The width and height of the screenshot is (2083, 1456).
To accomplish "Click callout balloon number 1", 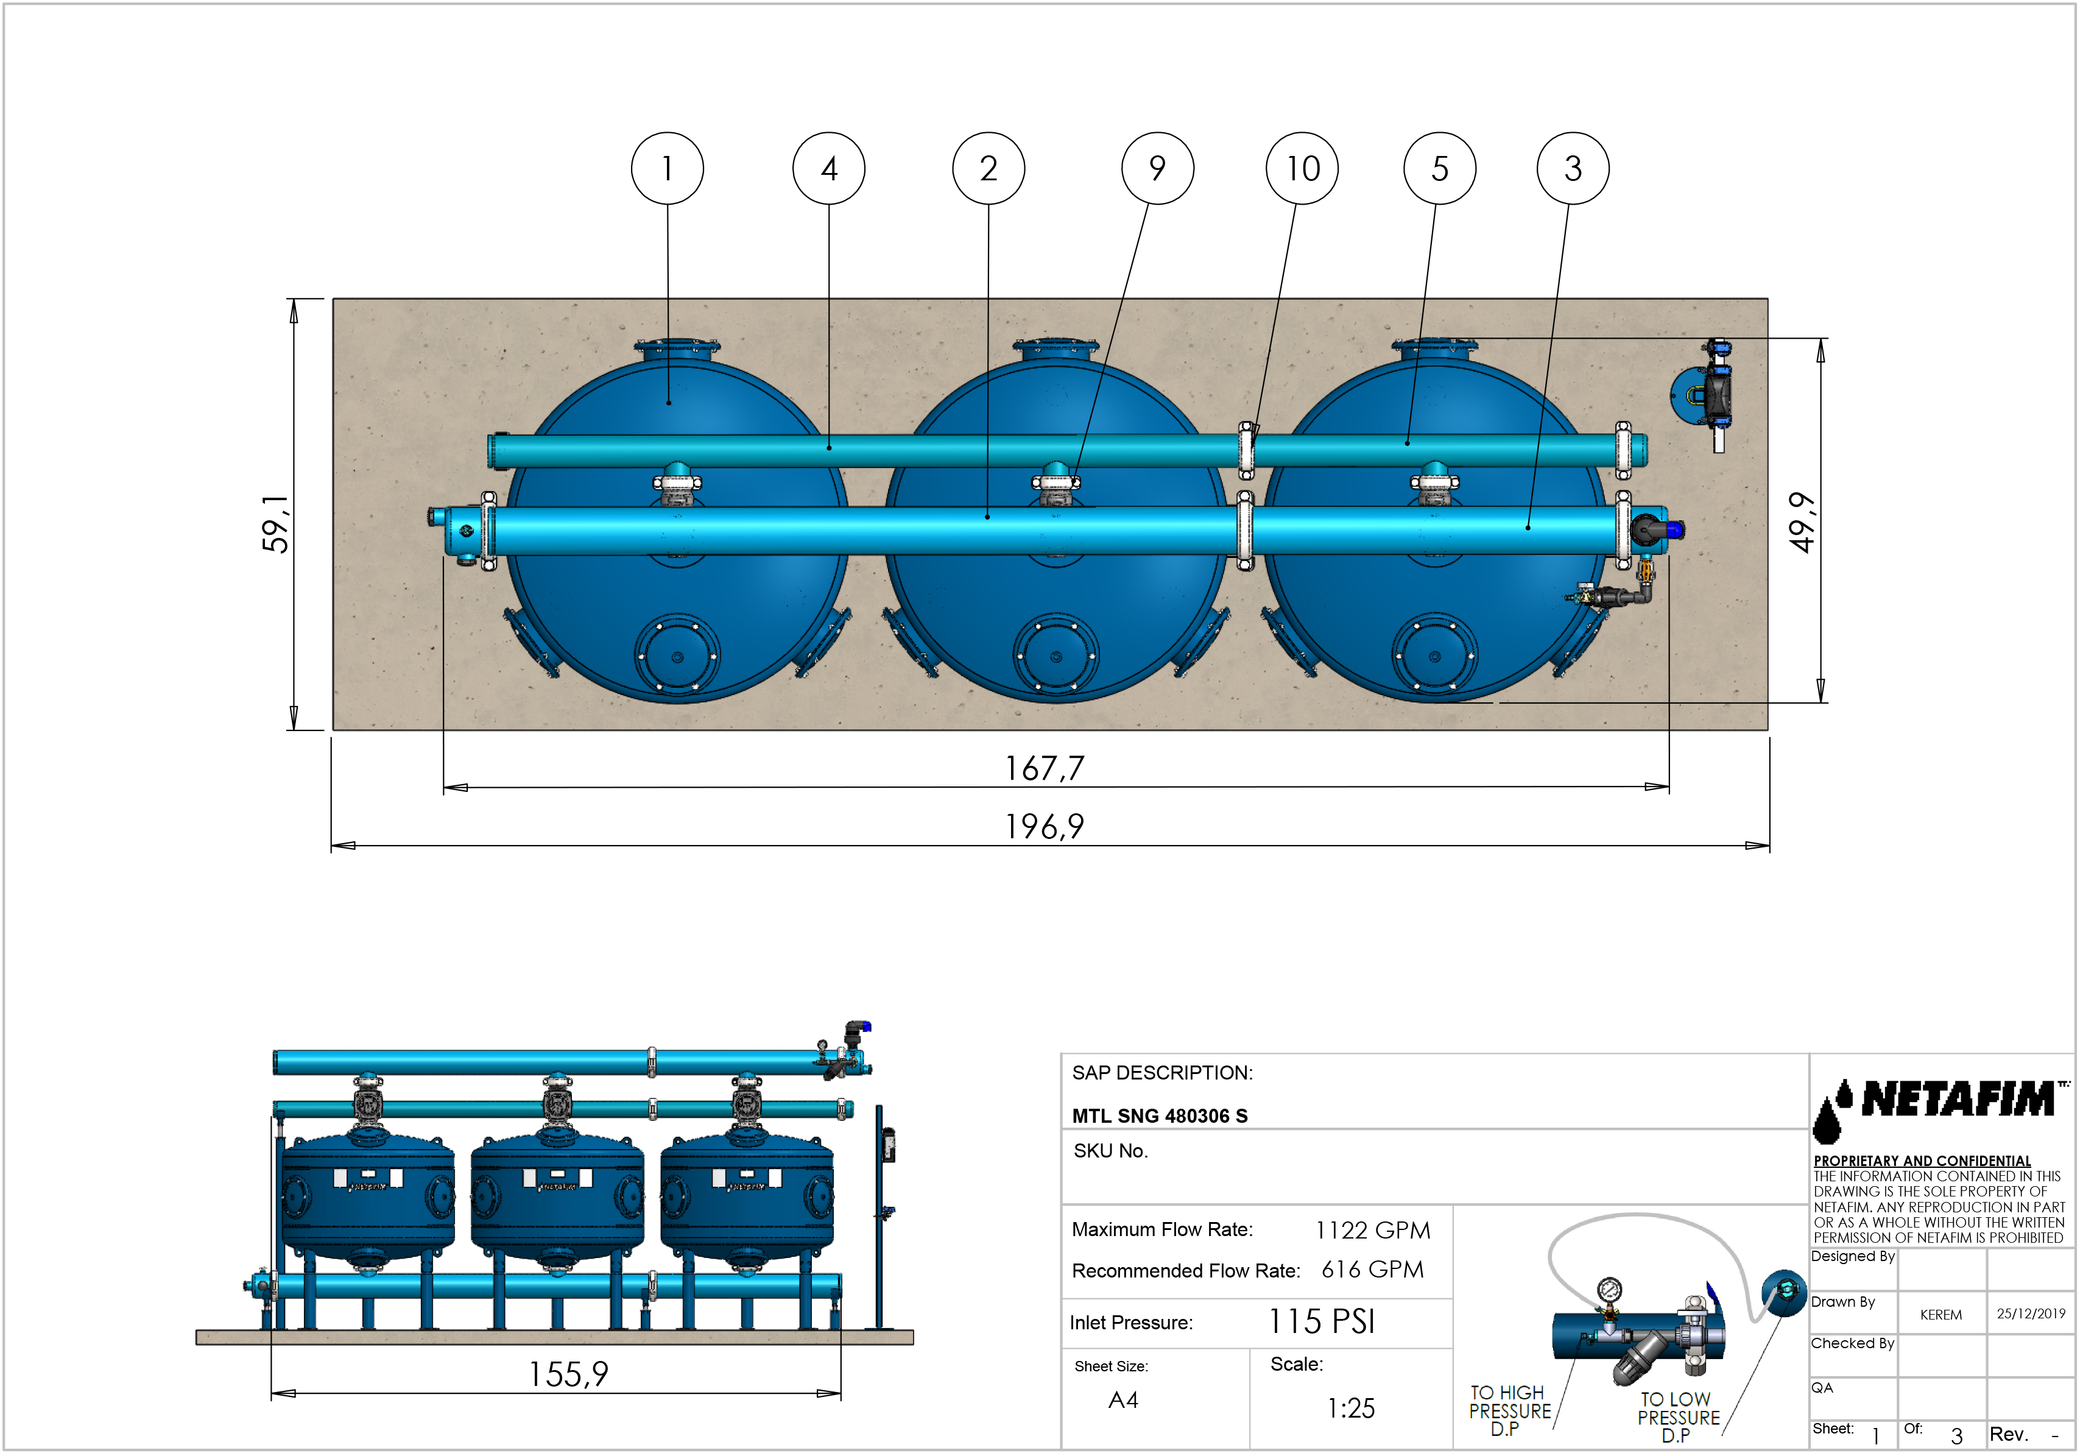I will (x=668, y=169).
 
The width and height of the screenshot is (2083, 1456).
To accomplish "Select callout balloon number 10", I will (x=1303, y=169).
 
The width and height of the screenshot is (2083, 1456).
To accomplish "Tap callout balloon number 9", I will (x=1158, y=169).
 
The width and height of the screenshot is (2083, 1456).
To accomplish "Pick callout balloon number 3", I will (x=1573, y=169).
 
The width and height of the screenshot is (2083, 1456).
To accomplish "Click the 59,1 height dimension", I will (x=275, y=525).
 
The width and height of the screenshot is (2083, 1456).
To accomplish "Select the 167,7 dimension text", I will (x=1044, y=768).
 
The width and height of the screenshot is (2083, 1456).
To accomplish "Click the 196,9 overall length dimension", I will (x=1044, y=827).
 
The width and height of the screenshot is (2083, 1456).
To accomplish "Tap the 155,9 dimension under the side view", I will (x=569, y=1374).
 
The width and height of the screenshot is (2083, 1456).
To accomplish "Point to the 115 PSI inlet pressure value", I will (x=1322, y=1322).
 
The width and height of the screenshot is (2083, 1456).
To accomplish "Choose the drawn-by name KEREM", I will (x=1940, y=1315).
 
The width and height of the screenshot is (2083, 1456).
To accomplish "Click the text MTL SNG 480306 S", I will (x=1160, y=1117).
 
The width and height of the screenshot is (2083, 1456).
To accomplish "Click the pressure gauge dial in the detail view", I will (x=1609, y=1289).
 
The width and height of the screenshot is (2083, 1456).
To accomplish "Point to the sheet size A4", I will (x=1123, y=1401).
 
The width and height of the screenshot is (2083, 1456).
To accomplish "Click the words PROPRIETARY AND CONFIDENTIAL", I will (x=1922, y=1161).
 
